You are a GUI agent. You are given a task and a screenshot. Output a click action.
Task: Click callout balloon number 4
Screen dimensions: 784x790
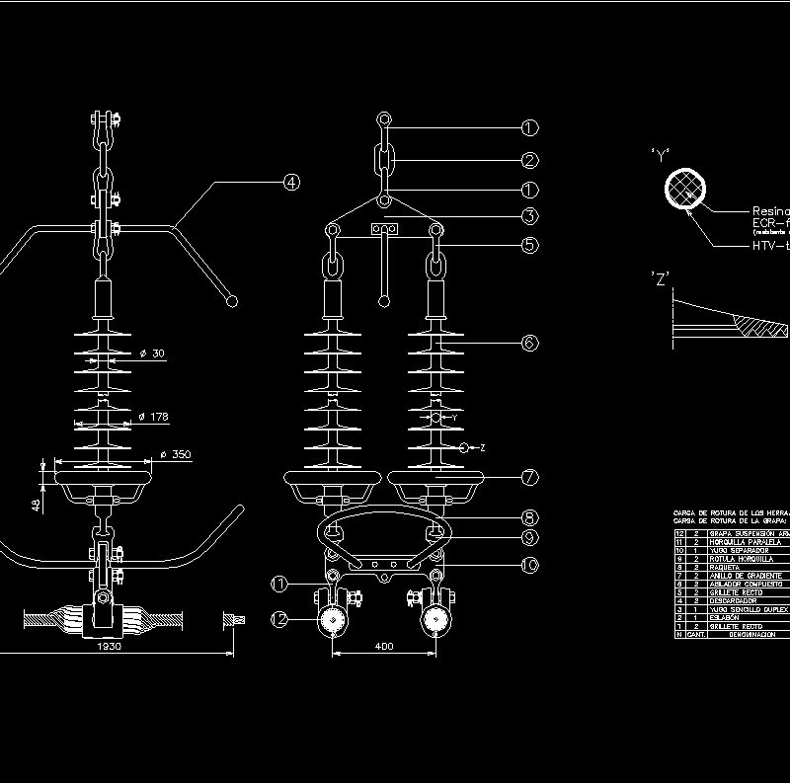coord(290,183)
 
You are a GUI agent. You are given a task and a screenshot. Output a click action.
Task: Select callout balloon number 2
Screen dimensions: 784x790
coord(530,160)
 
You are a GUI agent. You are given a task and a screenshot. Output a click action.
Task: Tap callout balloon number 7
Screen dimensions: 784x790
coord(530,478)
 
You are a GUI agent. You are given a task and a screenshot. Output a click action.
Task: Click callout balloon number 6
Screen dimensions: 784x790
coord(530,343)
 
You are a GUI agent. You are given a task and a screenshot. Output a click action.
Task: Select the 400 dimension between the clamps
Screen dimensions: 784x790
coord(385,646)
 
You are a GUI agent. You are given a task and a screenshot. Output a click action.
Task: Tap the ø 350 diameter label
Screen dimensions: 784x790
coord(175,455)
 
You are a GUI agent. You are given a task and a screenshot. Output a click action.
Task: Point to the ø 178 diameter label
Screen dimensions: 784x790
coord(153,417)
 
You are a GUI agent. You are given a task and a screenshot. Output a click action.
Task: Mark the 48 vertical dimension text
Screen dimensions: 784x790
coord(37,504)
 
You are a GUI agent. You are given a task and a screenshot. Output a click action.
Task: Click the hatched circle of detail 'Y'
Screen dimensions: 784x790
coord(685,188)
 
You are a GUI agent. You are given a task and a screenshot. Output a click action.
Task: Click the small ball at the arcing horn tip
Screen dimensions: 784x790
coord(233,299)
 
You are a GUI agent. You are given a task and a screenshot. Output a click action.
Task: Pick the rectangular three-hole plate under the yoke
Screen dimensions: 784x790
coord(385,229)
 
